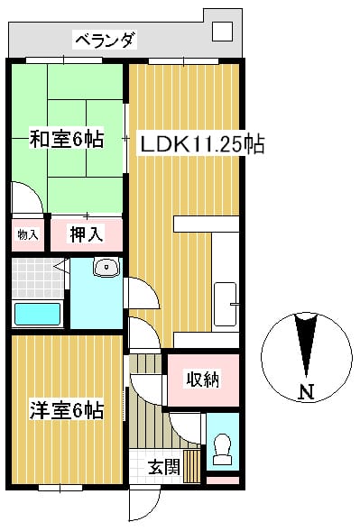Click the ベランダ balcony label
(106, 41)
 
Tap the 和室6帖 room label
(67, 139)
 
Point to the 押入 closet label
(87, 234)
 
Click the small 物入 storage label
(28, 234)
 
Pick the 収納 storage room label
(202, 379)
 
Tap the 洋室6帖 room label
(67, 410)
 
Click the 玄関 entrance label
(164, 468)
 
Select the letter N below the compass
(306, 392)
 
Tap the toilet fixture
(222, 450)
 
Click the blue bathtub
(37, 314)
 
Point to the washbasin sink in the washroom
(106, 267)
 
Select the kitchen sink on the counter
(226, 304)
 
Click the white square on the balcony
(222, 32)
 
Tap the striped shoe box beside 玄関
(192, 466)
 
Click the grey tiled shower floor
(37, 279)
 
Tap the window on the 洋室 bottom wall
(60, 488)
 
